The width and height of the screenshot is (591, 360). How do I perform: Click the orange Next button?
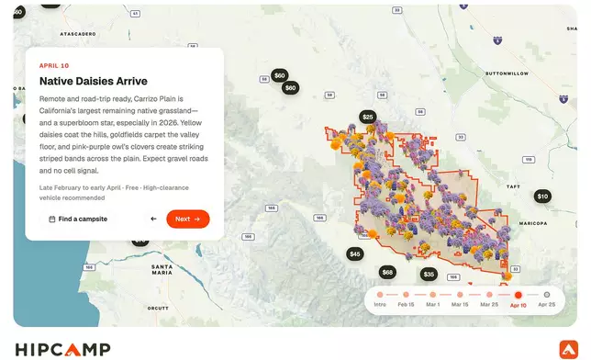[187, 219]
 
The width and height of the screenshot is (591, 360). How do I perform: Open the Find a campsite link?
[78, 219]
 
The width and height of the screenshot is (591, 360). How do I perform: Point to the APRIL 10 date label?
[56, 66]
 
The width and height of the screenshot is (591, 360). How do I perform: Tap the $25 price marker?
[368, 117]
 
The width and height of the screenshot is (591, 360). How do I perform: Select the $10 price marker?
[542, 196]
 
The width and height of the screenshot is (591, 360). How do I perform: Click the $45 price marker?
[355, 253]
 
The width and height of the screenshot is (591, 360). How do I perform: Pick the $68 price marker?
[387, 272]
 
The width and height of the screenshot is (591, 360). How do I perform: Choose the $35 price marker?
[429, 274]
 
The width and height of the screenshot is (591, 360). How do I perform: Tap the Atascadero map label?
[78, 33]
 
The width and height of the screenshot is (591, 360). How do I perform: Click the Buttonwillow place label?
[507, 72]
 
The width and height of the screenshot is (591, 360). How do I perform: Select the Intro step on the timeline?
[380, 295]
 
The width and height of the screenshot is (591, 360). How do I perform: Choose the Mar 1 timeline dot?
[432, 295]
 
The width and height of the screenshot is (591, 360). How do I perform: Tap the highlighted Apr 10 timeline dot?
[519, 295]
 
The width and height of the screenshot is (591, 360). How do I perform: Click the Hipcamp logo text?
[63, 348]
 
